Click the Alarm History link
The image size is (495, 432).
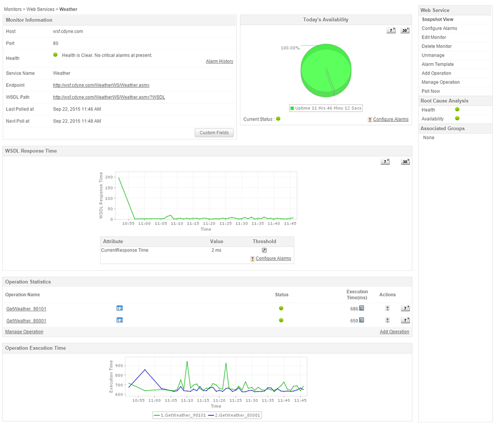tap(219, 61)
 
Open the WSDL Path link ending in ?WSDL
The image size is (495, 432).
tap(109, 97)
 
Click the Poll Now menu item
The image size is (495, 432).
tap(431, 91)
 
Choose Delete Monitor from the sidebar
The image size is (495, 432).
tap(436, 46)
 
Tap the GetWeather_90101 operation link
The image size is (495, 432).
tap(26, 309)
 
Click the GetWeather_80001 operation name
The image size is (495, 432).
tap(26, 321)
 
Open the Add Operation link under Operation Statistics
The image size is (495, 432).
tap(394, 332)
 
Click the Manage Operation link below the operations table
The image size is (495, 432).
tap(24, 332)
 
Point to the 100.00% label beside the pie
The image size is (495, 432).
tap(290, 48)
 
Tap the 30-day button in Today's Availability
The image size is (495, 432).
tap(405, 31)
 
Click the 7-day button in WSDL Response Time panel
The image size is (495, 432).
tap(385, 162)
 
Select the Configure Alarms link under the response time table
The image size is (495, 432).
tap(273, 259)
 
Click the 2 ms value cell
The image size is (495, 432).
tap(216, 250)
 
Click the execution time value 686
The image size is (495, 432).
tap(354, 308)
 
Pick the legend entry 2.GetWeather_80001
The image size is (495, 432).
tap(237, 415)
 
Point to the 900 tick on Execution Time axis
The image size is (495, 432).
tap(119, 366)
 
